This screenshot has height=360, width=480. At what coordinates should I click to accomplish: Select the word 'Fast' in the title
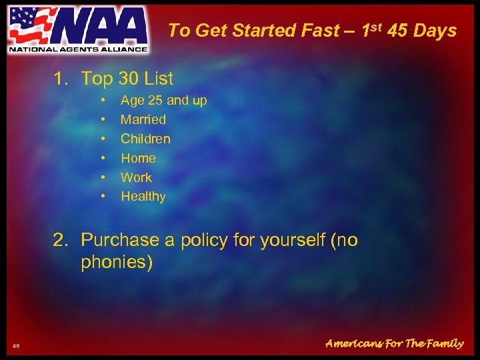[x=320, y=31]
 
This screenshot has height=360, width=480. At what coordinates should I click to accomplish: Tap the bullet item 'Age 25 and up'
[x=163, y=101]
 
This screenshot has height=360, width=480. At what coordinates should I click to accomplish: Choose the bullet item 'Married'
[x=143, y=120]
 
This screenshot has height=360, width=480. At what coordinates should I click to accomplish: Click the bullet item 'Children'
[x=145, y=139]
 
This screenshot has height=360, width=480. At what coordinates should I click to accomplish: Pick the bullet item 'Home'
[x=138, y=158]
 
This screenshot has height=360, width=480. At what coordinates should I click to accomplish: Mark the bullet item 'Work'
[x=136, y=177]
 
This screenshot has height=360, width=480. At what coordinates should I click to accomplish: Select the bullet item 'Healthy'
[x=143, y=197]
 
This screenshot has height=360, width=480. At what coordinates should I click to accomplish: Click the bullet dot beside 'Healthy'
[x=103, y=197]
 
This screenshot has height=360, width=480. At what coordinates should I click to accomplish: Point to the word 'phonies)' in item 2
[x=117, y=262]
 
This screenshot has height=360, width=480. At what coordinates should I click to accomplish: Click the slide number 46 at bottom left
[x=17, y=345]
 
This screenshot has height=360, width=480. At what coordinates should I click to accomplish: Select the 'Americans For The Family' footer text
[x=394, y=344]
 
